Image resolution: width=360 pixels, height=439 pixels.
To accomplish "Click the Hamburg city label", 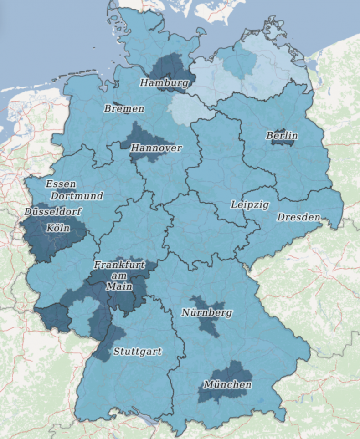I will point(164,83).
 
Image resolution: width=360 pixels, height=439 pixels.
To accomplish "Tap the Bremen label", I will point(124,108).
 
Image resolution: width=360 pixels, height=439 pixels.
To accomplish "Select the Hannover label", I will point(156,148).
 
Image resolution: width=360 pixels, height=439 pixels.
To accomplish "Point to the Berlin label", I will point(282,135).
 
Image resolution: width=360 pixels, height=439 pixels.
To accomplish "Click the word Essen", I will point(60,184).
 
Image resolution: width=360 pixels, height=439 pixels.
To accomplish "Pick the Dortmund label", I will point(77,196).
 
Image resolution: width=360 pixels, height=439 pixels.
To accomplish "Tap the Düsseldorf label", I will point(53,212).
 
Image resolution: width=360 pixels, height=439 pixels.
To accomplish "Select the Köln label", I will point(58,228).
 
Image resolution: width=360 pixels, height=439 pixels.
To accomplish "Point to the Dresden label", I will point(298,217).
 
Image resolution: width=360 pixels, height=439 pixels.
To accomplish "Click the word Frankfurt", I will point(119,265).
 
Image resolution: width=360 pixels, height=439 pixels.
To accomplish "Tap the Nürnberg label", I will point(206,313).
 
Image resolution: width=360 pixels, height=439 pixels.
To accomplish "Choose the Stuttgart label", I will point(138,352).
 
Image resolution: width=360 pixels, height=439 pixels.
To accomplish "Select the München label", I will point(227,385).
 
